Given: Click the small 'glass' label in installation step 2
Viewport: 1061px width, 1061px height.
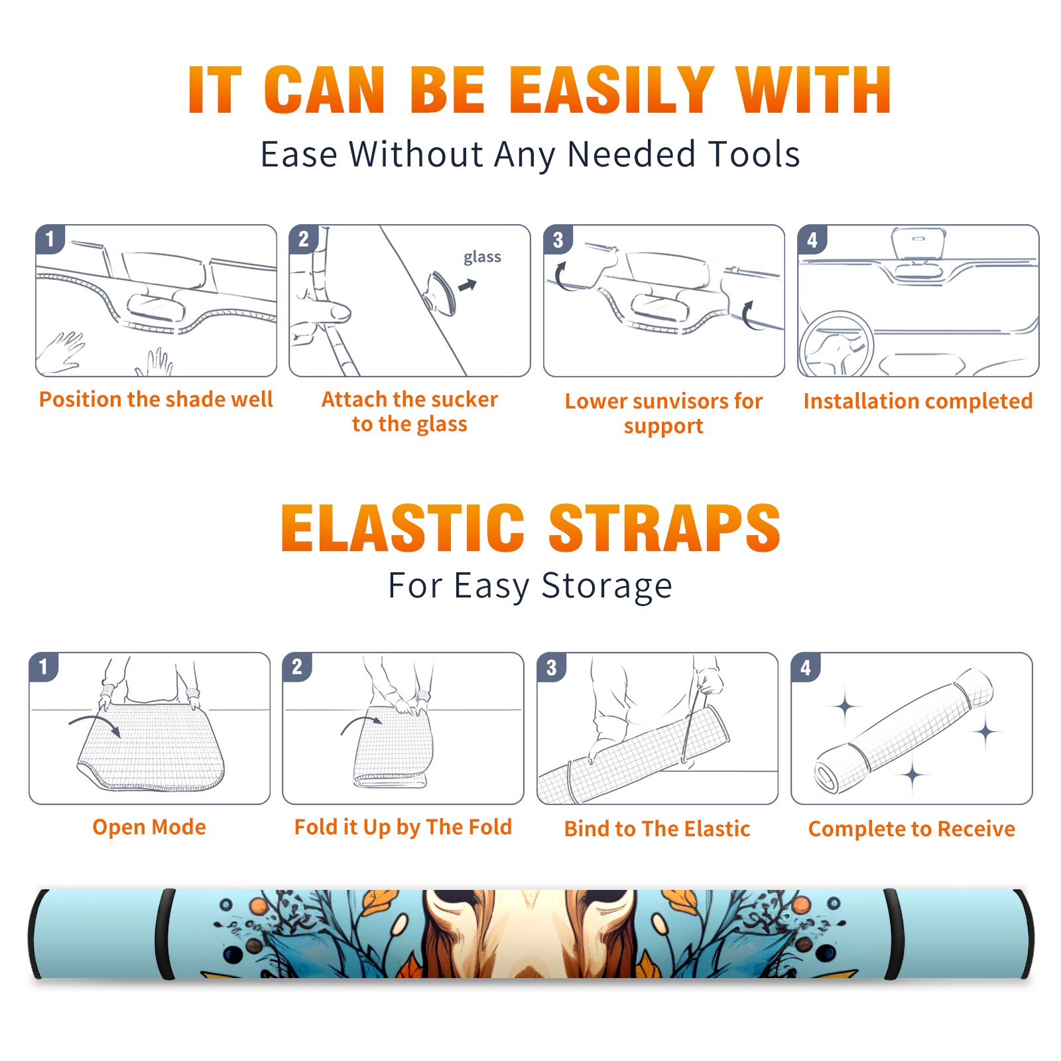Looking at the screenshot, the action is pos(482,257).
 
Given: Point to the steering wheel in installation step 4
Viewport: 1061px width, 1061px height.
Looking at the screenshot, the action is pos(836,345).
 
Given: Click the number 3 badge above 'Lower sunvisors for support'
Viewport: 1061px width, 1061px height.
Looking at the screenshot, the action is pos(558,240).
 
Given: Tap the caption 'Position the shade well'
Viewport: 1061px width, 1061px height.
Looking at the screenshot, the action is pos(156,399).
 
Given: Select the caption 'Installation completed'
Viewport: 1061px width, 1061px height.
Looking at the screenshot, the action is pos(918,401).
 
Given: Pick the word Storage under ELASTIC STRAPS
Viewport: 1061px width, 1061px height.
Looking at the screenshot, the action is pos(607,586).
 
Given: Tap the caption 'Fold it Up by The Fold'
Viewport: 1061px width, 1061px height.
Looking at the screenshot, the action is pos(403,827).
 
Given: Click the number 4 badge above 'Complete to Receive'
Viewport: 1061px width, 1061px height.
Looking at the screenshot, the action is pos(806,668).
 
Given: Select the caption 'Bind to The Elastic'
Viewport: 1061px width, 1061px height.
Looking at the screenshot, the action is pos(657,829).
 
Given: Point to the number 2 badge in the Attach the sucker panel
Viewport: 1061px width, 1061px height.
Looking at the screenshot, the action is pos(304,239).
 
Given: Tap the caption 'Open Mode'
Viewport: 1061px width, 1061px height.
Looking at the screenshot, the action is pos(149,827).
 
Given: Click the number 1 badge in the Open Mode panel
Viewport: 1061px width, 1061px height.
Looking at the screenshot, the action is pos(44,667).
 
